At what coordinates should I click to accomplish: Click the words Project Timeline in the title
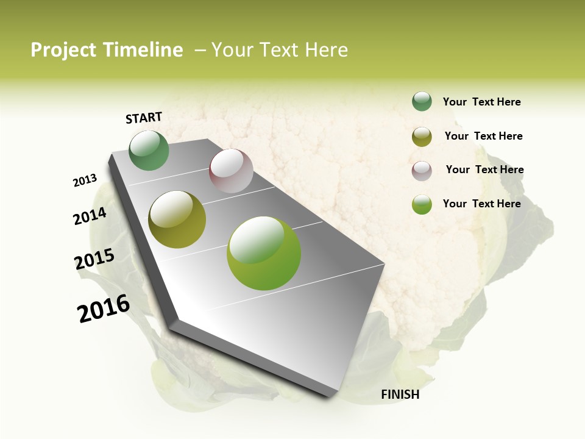click(107, 50)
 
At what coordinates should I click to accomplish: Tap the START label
click(144, 118)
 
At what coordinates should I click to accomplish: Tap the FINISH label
click(400, 394)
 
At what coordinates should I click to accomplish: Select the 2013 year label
click(85, 180)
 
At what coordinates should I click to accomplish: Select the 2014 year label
click(90, 216)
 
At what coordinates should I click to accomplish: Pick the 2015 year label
click(94, 259)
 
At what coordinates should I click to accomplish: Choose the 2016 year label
click(104, 309)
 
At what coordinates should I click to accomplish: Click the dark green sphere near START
click(149, 151)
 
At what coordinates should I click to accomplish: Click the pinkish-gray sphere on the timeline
click(231, 171)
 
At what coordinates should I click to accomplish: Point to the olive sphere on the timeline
click(177, 220)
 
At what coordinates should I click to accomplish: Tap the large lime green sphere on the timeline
click(264, 253)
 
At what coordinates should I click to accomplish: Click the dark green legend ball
click(422, 101)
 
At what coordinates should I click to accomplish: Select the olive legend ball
click(422, 137)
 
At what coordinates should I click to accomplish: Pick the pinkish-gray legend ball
click(422, 171)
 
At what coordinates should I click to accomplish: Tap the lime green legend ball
click(422, 204)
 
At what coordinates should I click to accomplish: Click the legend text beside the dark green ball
click(481, 102)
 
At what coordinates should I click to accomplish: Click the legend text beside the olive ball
click(483, 136)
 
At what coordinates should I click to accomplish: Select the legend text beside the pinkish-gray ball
click(484, 170)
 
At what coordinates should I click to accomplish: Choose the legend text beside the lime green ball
click(481, 204)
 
